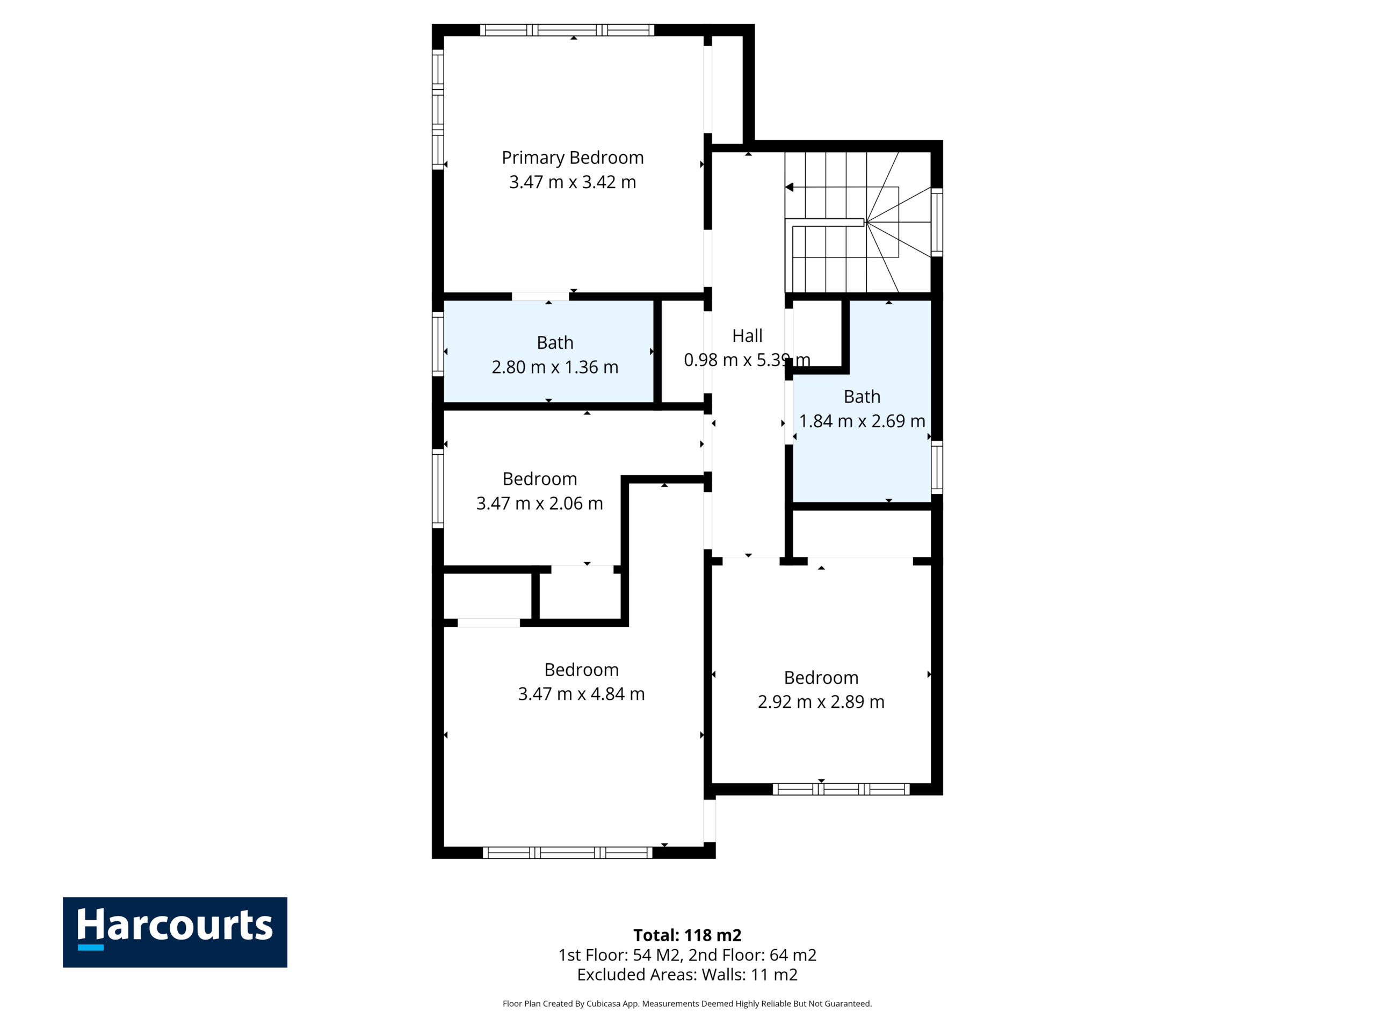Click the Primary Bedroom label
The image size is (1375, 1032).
pos(573,158)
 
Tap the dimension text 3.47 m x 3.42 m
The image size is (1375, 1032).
pos(573,182)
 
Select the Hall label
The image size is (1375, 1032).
pos(747,336)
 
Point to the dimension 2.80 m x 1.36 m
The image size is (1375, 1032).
pos(555,367)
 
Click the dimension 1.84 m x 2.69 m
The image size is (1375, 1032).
pos(862,421)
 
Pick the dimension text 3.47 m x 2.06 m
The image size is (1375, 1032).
pos(540,503)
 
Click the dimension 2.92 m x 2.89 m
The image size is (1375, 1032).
pos(821,701)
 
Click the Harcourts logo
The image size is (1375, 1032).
pos(175,932)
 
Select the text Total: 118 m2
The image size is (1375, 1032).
pos(687,935)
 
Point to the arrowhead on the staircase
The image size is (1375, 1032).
pos(789,187)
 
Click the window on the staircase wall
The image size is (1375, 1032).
pos(937,222)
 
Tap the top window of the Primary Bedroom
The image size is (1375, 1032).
pos(567,30)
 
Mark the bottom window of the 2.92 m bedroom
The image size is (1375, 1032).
pos(841,790)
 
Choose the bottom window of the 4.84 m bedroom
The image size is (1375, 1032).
pos(568,853)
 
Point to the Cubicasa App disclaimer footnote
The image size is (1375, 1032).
pos(687,1004)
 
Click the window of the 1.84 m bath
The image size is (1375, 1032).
pos(937,467)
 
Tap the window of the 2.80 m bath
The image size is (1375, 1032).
pos(438,344)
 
